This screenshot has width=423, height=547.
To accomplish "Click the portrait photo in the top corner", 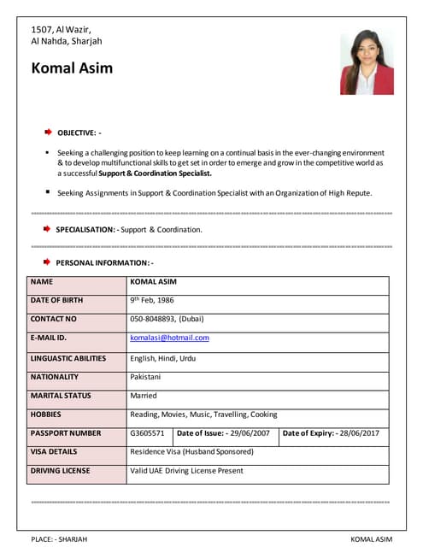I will (367, 62).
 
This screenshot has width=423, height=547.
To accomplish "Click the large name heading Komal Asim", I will (72, 68).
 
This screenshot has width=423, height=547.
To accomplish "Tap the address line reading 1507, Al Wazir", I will (61, 30).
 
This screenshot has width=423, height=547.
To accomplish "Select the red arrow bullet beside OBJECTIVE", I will (49, 132).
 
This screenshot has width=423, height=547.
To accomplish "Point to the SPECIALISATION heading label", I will (85, 230).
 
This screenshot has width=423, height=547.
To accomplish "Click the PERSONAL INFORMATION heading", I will (104, 262).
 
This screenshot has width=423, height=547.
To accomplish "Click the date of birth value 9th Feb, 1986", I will (151, 301).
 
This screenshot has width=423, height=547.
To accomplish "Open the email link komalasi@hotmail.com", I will (169, 338).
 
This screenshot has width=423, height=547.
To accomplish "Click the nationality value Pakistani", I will (145, 377).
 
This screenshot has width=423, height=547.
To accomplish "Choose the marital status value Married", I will (144, 396).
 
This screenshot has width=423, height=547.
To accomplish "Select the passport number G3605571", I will (147, 433).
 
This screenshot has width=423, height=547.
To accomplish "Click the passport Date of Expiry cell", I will (333, 433).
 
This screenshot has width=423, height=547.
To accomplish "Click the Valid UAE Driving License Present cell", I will (186, 471).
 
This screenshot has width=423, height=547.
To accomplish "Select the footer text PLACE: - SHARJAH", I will (59, 539).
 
